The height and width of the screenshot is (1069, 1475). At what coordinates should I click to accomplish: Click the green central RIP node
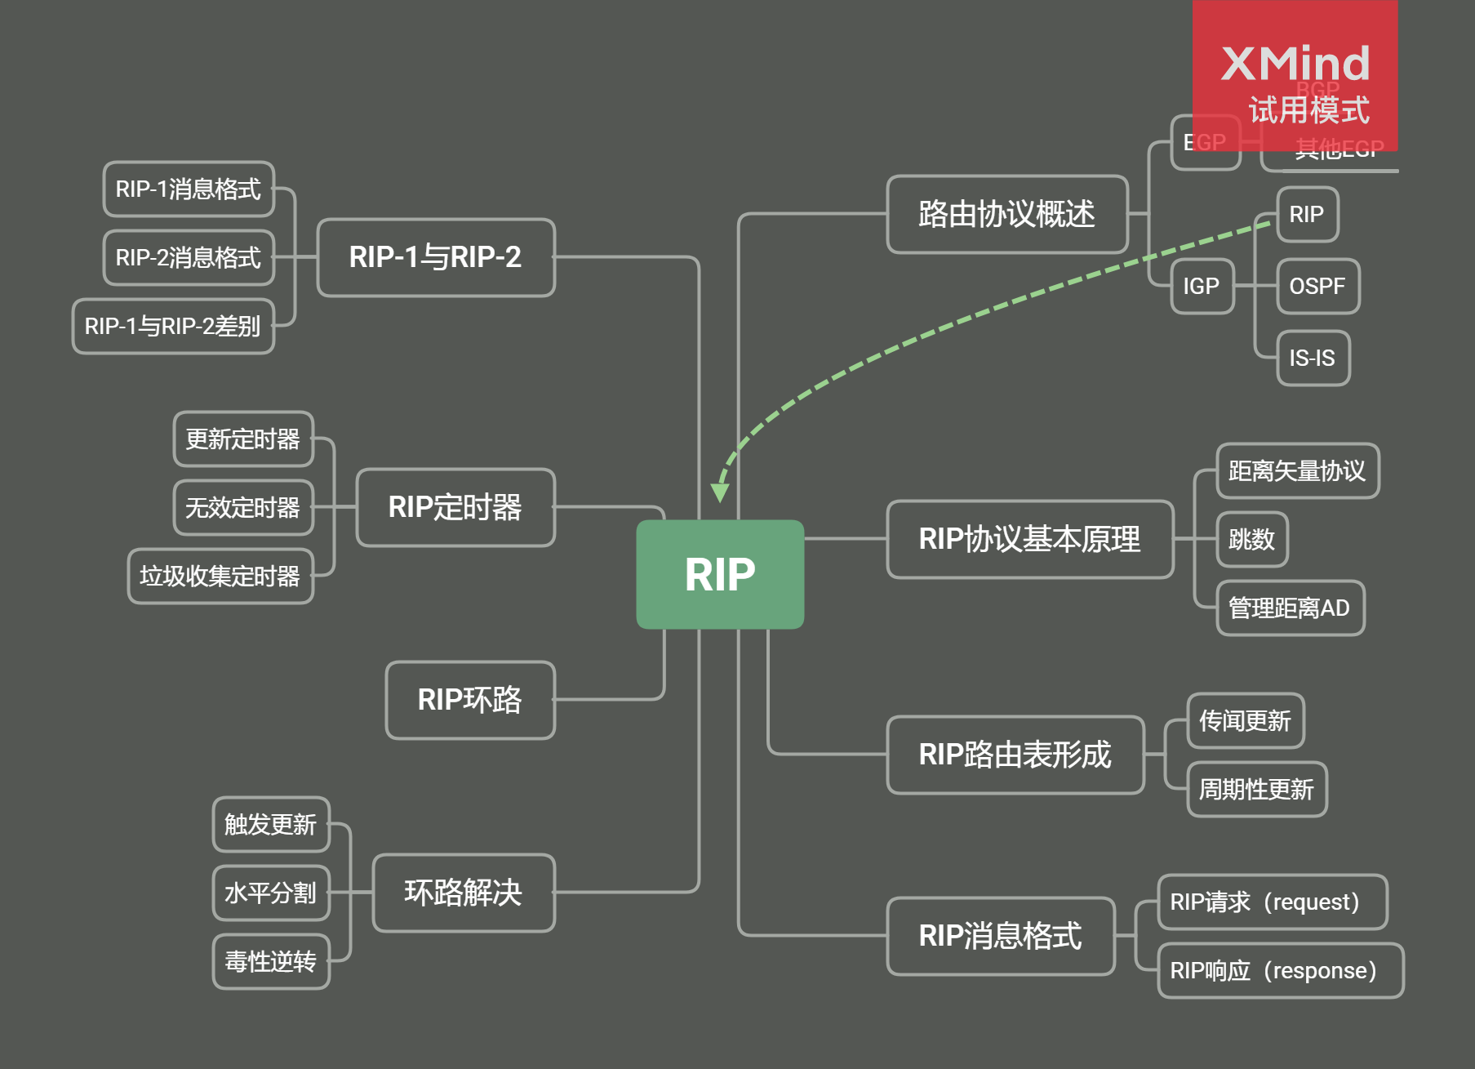[720, 574]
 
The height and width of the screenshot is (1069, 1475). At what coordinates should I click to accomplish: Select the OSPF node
[1317, 287]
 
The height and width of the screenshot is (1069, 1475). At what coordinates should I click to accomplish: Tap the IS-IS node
[1313, 359]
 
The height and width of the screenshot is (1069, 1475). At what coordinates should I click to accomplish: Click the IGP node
[1202, 287]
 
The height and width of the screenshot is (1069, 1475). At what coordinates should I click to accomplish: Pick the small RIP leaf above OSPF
[1307, 215]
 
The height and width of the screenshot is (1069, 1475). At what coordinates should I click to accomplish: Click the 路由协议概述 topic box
[1006, 215]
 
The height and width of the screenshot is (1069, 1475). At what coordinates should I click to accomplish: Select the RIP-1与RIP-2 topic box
[436, 257]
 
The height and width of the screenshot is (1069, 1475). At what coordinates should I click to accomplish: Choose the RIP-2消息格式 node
[189, 258]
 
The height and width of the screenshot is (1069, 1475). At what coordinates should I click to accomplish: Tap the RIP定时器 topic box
[455, 507]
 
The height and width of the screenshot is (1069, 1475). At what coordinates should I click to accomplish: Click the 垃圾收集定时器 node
[220, 577]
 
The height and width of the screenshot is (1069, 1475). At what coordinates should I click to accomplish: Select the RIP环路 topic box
[470, 700]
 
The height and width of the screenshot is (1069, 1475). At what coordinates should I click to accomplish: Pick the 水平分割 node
[271, 893]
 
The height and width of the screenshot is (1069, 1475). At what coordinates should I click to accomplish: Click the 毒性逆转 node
[271, 962]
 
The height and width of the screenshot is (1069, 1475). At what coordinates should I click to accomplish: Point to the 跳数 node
[1252, 540]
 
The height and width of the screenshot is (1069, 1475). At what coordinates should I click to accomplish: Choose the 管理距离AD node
[1290, 608]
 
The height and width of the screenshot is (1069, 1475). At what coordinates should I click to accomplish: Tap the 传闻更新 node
[1246, 721]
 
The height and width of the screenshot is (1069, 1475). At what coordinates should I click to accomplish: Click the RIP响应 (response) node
[1280, 971]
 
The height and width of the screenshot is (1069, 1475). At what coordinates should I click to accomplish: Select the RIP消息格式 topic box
[1001, 936]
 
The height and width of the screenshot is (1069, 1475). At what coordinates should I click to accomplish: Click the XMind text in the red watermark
[1295, 64]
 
